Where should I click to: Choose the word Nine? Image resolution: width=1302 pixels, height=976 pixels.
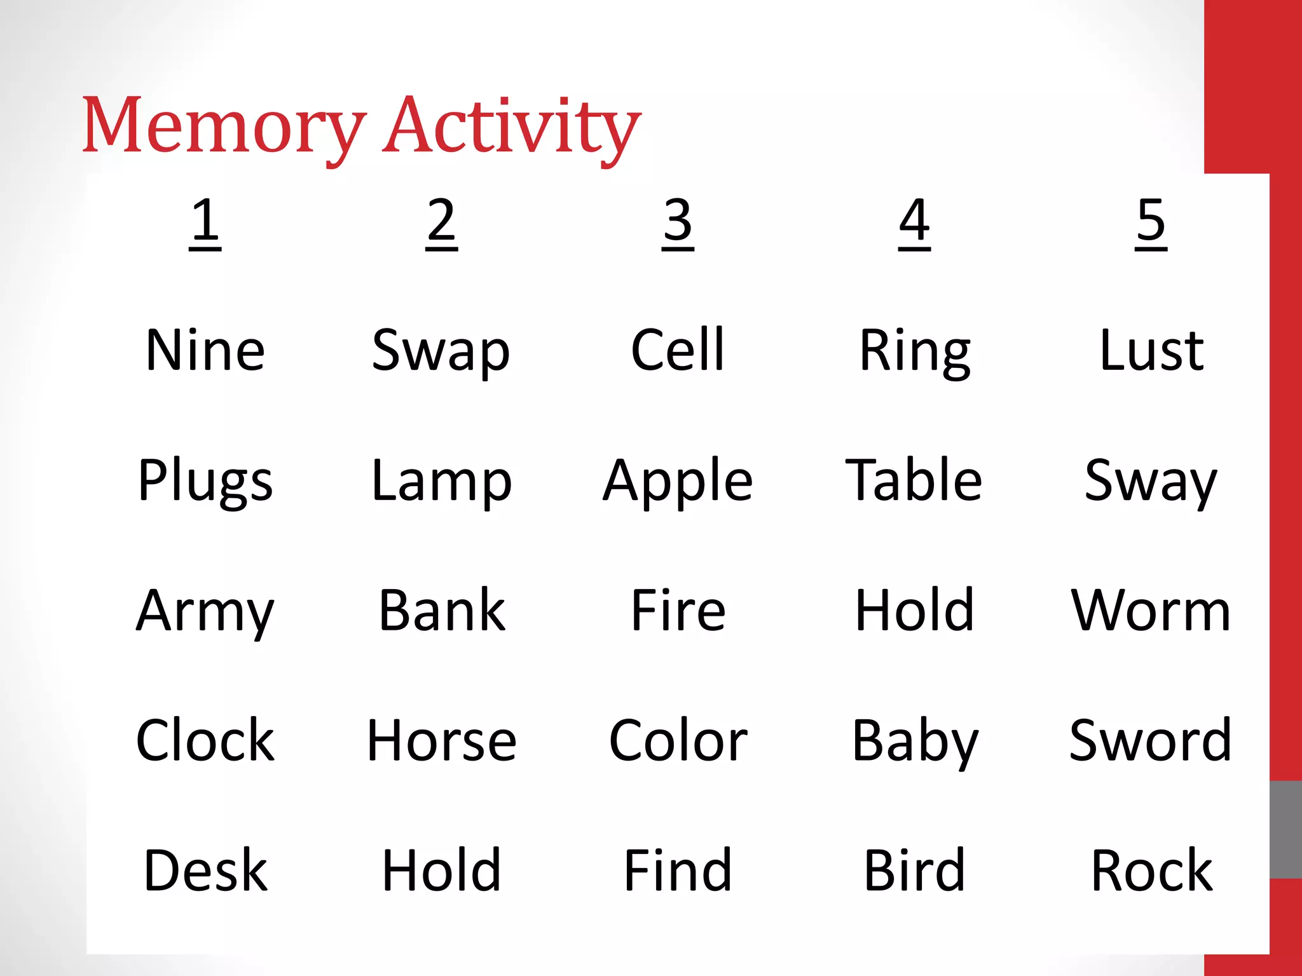(x=205, y=350)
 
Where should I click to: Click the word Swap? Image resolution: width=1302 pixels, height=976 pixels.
(x=441, y=351)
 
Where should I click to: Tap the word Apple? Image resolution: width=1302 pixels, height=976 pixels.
(x=678, y=482)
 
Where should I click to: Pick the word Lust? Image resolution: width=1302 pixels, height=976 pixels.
(x=1151, y=350)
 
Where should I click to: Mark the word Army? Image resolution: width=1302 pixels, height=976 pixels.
(x=205, y=611)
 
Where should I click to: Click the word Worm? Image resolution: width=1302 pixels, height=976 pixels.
(x=1151, y=611)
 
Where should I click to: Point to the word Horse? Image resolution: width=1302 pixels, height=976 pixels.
(x=442, y=741)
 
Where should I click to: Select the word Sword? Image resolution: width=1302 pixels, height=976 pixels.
(x=1151, y=740)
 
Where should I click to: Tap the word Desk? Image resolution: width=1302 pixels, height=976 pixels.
(x=205, y=871)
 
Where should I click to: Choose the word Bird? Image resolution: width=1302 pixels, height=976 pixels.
(x=914, y=871)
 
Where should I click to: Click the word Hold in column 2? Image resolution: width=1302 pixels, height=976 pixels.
(x=441, y=871)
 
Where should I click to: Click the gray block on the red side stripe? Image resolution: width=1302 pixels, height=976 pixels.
(x=1285, y=830)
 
